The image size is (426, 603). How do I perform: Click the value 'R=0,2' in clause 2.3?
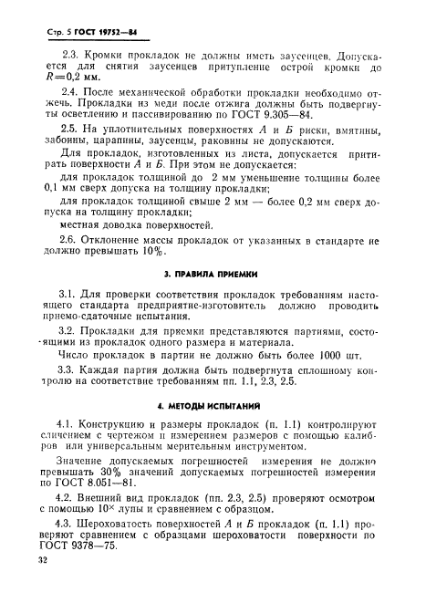[x=53, y=80]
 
